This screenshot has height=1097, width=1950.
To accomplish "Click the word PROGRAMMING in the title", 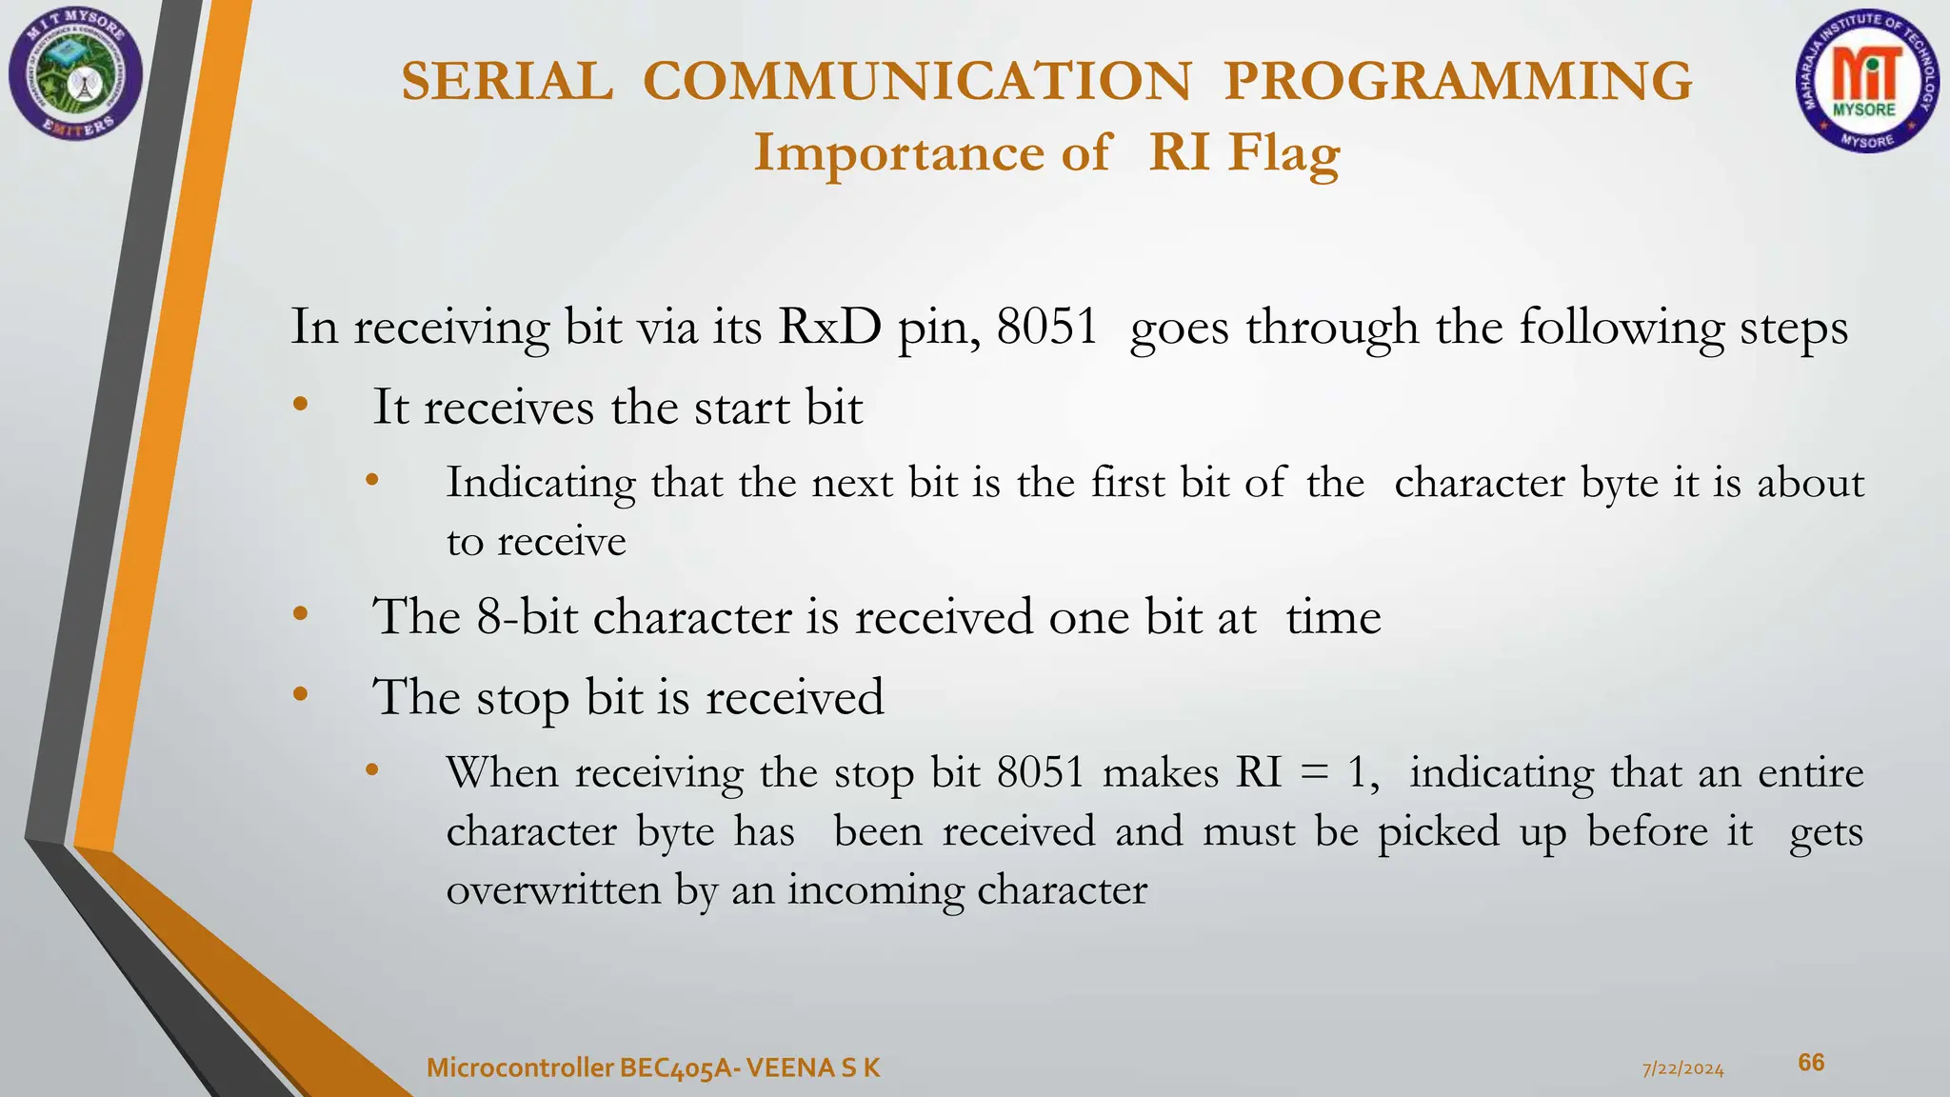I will (1458, 81).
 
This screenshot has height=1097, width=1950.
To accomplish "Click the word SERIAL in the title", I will (507, 81).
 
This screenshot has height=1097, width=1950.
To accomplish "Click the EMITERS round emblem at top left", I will (75, 73).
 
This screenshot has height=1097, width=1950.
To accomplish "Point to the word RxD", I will (829, 327).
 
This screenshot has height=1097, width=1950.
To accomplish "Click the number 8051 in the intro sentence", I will (1046, 327).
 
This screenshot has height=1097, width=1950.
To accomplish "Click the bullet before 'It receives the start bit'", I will (301, 405).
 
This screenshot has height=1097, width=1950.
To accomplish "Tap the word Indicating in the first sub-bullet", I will (541, 484).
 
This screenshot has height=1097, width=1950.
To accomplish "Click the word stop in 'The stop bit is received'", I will (522, 698).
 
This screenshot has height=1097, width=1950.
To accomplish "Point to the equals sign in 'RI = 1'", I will (1313, 773).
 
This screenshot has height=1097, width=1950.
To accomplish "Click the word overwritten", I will (552, 890).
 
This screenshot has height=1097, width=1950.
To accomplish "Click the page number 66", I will (1811, 1063).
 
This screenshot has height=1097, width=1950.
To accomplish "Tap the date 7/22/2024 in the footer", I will (1683, 1068).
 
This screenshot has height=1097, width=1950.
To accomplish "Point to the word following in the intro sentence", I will (1621, 327).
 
